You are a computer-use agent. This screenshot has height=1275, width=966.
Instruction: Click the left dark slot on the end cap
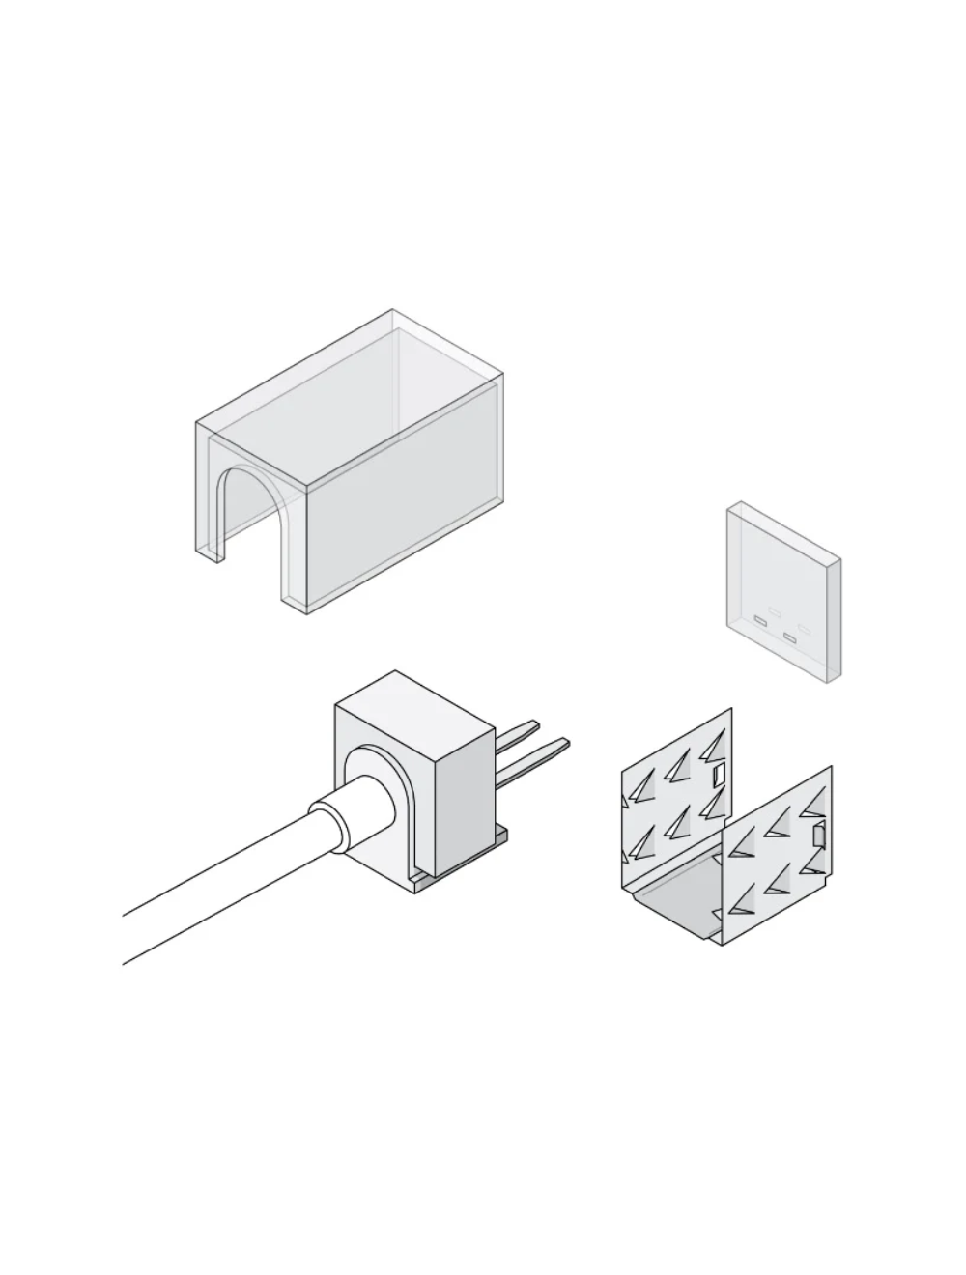[760, 619]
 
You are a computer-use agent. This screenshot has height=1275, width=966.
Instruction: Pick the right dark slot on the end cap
[791, 637]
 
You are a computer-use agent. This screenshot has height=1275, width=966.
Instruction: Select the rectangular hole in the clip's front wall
[819, 836]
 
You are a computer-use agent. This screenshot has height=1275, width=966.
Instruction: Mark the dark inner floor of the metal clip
[676, 908]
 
